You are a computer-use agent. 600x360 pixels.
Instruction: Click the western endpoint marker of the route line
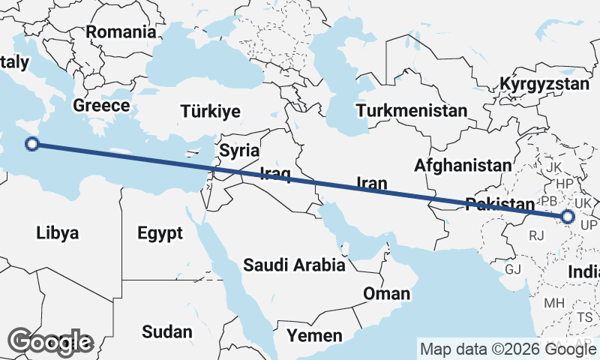32,144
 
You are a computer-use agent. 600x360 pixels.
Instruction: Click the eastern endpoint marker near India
568,217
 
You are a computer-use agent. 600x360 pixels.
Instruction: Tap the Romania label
121,32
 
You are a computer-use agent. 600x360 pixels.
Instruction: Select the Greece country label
101,105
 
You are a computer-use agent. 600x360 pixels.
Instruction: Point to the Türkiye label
210,112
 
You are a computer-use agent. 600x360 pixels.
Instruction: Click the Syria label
239,150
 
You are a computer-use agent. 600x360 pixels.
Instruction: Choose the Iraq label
274,174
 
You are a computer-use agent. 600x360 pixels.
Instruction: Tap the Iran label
371,182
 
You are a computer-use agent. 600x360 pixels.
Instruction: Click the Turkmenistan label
412,111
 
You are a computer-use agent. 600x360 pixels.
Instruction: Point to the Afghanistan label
463,164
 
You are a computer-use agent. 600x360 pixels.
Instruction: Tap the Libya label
57,233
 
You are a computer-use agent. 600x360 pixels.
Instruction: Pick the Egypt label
160,233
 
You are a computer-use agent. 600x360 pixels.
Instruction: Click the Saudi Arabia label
294,265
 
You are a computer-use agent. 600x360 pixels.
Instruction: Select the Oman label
386,293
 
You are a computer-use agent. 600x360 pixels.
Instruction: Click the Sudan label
166,331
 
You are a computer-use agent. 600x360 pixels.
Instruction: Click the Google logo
50,341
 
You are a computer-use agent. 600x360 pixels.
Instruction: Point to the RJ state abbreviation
536,235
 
